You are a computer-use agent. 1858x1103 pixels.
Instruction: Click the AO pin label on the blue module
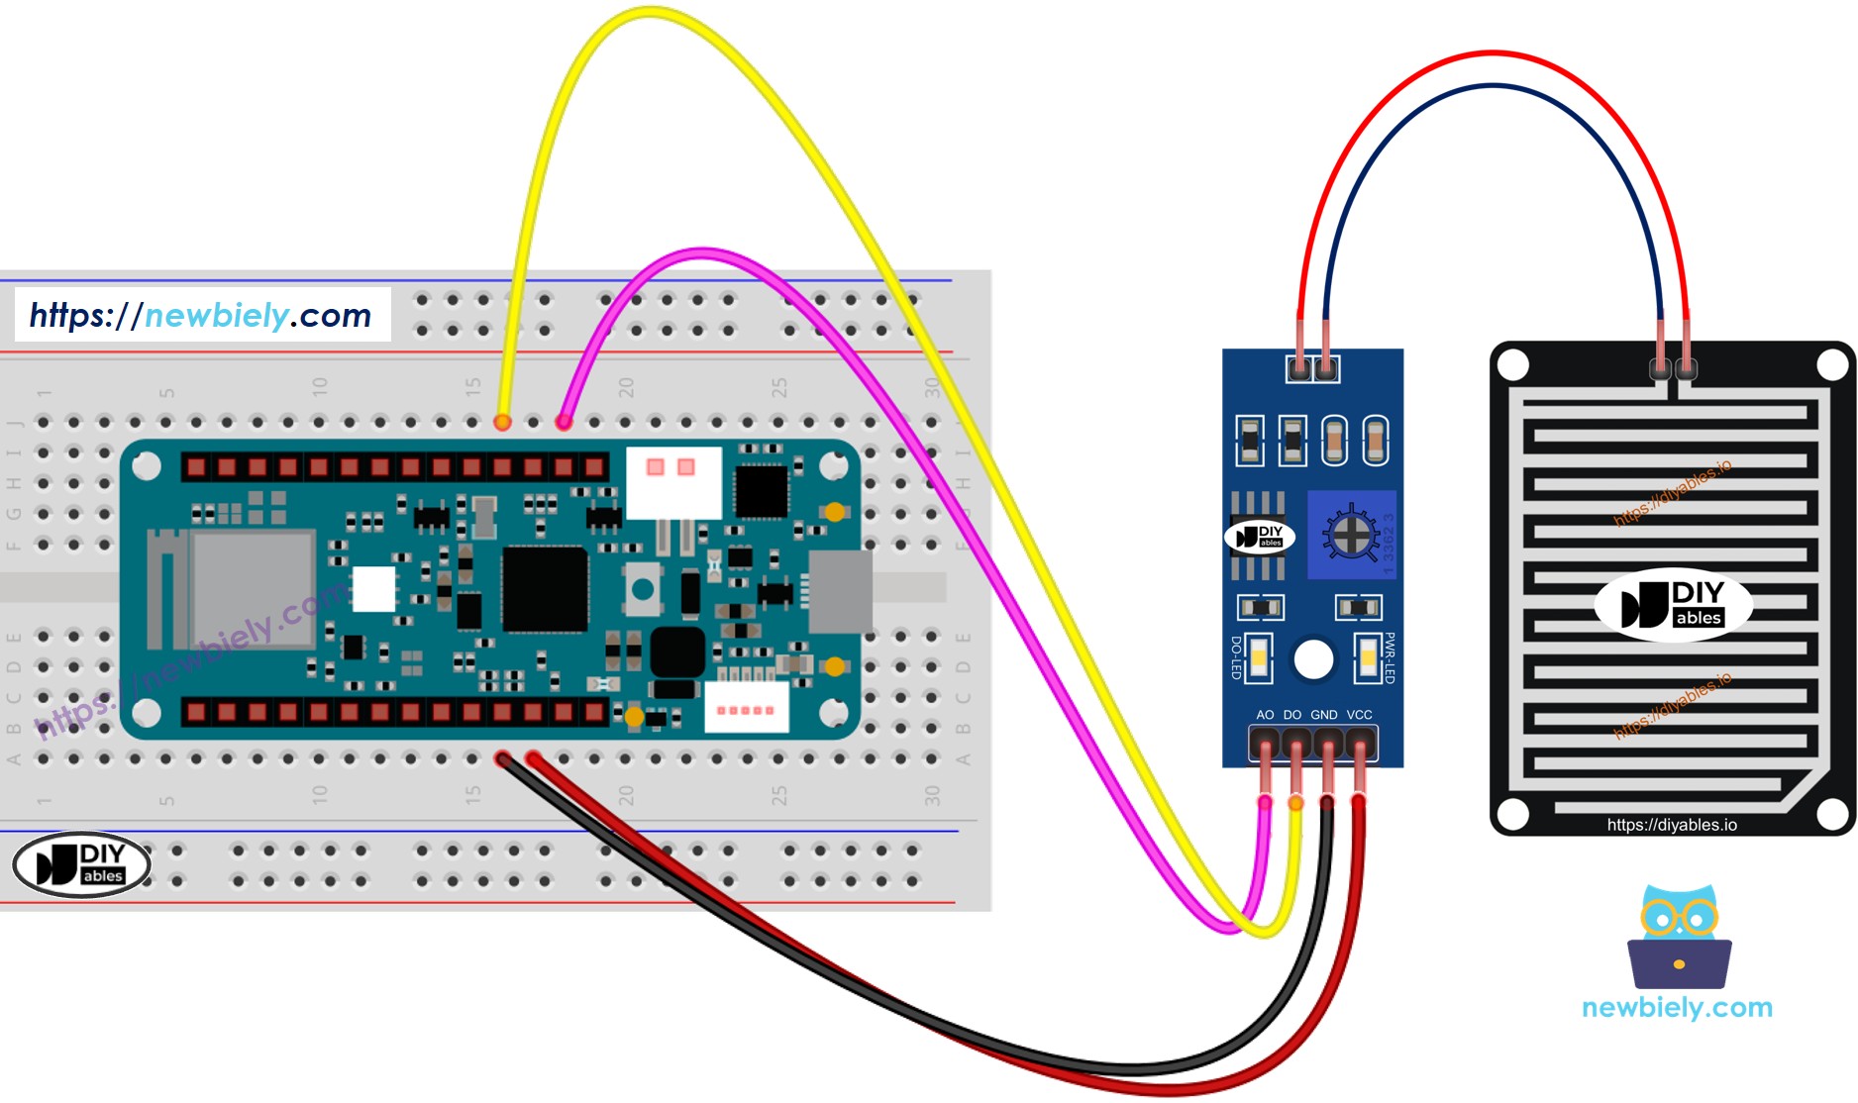(x=1265, y=715)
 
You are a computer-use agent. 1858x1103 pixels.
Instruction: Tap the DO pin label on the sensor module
(x=1292, y=715)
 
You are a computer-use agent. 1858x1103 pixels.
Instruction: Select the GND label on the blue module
(x=1324, y=715)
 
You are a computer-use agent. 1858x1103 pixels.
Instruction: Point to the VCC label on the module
(x=1360, y=715)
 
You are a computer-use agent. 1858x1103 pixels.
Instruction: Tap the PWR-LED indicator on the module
(x=1369, y=657)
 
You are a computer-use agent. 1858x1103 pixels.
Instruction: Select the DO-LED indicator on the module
(x=1259, y=657)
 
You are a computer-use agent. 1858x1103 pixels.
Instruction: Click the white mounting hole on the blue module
(x=1314, y=659)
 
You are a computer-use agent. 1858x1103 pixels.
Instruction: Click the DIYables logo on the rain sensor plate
(x=1673, y=605)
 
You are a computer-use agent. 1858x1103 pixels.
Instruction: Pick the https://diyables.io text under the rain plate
(x=1672, y=825)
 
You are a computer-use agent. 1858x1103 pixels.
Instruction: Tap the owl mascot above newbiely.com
(x=1679, y=937)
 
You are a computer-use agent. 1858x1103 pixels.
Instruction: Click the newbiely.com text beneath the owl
(x=1677, y=1008)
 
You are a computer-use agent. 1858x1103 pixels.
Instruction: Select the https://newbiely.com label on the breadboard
(x=201, y=315)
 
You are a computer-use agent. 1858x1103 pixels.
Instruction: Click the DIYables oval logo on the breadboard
(x=81, y=863)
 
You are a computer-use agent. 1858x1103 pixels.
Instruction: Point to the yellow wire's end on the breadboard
(x=503, y=423)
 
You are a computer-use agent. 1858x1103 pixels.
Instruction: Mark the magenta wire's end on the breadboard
(x=564, y=423)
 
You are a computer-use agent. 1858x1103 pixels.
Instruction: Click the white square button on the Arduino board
(x=373, y=589)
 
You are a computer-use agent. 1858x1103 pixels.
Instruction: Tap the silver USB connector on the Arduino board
(x=840, y=591)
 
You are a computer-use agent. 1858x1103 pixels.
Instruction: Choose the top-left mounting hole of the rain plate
(x=1513, y=365)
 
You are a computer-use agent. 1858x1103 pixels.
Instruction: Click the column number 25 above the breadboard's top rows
(x=778, y=387)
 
